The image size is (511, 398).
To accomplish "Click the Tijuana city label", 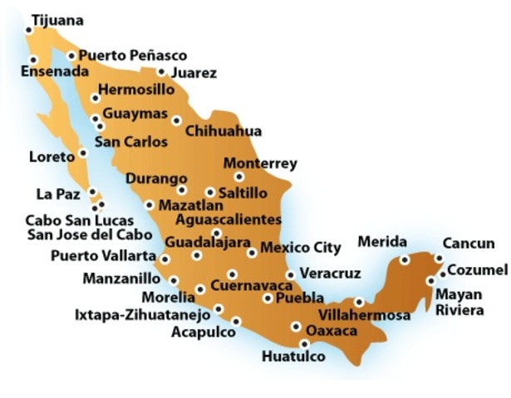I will click(57, 19).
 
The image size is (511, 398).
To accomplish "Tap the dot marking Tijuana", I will click(29, 30).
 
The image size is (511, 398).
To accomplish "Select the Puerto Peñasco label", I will click(133, 56).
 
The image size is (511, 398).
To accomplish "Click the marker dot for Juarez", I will click(161, 72).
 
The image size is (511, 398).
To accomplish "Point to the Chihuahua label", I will click(224, 131).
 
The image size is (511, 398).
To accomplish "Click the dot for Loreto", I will click(83, 153).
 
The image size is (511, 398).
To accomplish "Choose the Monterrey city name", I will click(260, 163).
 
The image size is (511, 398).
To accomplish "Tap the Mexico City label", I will click(301, 247).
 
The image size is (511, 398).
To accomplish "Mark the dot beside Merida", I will click(404, 260).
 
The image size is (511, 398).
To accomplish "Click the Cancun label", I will click(469, 244).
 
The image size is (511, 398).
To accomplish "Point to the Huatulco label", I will click(293, 357).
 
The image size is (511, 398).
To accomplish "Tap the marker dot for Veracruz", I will click(290, 274).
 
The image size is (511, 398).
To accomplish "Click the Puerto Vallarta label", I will click(103, 255).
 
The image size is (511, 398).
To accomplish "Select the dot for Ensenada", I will click(34, 60).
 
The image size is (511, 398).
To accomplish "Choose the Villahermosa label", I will click(365, 316).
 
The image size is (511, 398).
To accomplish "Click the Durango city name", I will click(156, 178).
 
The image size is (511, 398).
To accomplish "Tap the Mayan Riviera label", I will click(459, 302).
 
